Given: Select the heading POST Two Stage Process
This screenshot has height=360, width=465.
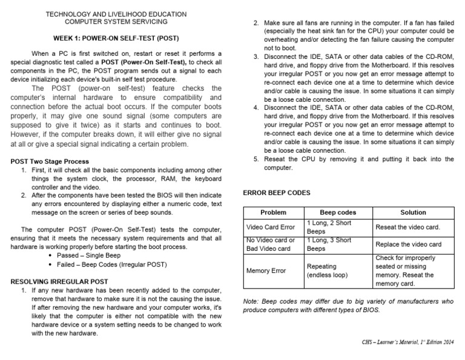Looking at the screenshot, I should tap(50, 161).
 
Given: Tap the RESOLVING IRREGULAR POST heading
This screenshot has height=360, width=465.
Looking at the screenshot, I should tap(60, 282).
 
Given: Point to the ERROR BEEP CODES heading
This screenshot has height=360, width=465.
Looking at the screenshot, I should tap(277, 192).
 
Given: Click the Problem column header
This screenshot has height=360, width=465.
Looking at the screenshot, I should tap(273, 213).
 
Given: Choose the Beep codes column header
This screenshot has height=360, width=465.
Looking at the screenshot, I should tap(338, 213).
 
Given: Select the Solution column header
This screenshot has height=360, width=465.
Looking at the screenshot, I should tap(414, 213).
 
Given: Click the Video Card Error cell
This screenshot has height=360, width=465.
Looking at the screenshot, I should tap(271, 227).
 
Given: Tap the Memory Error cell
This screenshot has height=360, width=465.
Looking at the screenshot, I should tap(266, 270).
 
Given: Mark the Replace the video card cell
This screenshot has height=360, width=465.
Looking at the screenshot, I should tap(408, 244).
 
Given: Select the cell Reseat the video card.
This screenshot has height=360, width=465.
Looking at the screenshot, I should tap(407, 227).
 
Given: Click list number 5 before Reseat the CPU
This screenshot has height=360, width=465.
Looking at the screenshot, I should tap(256, 159).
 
